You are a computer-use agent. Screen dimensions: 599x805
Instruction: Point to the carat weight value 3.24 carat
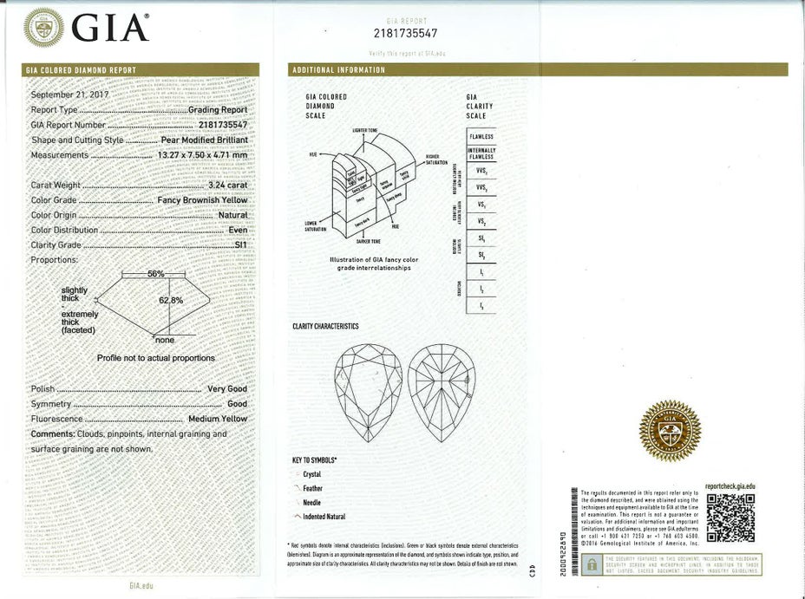228,185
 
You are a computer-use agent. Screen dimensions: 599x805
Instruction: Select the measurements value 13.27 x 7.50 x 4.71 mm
203,155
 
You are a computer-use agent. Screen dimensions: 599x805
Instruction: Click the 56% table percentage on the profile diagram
156,273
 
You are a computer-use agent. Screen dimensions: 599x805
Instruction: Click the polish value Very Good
227,389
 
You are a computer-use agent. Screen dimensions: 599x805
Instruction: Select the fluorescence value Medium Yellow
218,420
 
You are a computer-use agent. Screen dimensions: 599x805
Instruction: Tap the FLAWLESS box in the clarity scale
481,137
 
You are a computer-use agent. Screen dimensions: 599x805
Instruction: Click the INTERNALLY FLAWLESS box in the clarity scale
481,153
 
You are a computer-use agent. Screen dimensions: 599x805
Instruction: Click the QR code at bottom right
730,518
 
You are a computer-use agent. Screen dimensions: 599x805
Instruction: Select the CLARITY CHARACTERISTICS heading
325,327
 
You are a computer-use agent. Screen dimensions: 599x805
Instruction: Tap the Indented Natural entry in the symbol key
324,517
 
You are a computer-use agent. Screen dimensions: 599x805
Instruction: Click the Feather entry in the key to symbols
313,488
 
